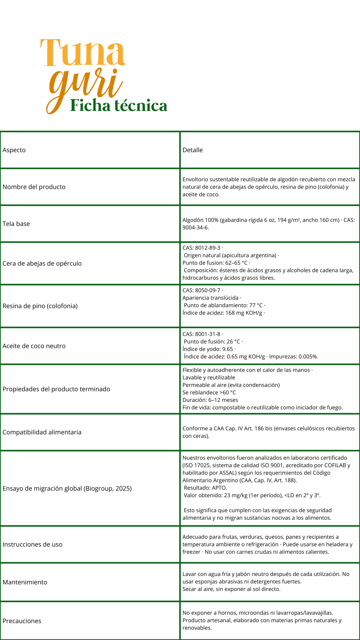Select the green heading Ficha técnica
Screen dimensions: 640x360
pos(119,106)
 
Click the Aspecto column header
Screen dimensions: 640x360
pos(14,150)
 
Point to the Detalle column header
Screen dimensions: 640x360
pos(192,150)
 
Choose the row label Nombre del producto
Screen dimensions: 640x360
pos(34,187)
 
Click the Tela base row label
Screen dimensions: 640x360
pos(16,224)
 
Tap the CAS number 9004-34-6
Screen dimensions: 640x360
pos(195,227)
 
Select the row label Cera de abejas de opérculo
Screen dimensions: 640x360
pos(42,263)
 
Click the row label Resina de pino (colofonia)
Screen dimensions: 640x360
pos(40,306)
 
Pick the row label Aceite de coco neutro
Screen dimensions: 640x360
pos(34,346)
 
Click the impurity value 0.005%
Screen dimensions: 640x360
pos(308,357)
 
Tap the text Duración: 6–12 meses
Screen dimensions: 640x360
pos(210,400)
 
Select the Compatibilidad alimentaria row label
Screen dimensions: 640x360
pos(42,432)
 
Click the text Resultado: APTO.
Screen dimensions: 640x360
pos(205,488)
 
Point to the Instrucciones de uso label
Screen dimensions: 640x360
pos(32,544)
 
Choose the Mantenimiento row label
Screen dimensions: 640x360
pos(25,582)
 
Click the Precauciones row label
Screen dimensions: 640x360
pos(22,621)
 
